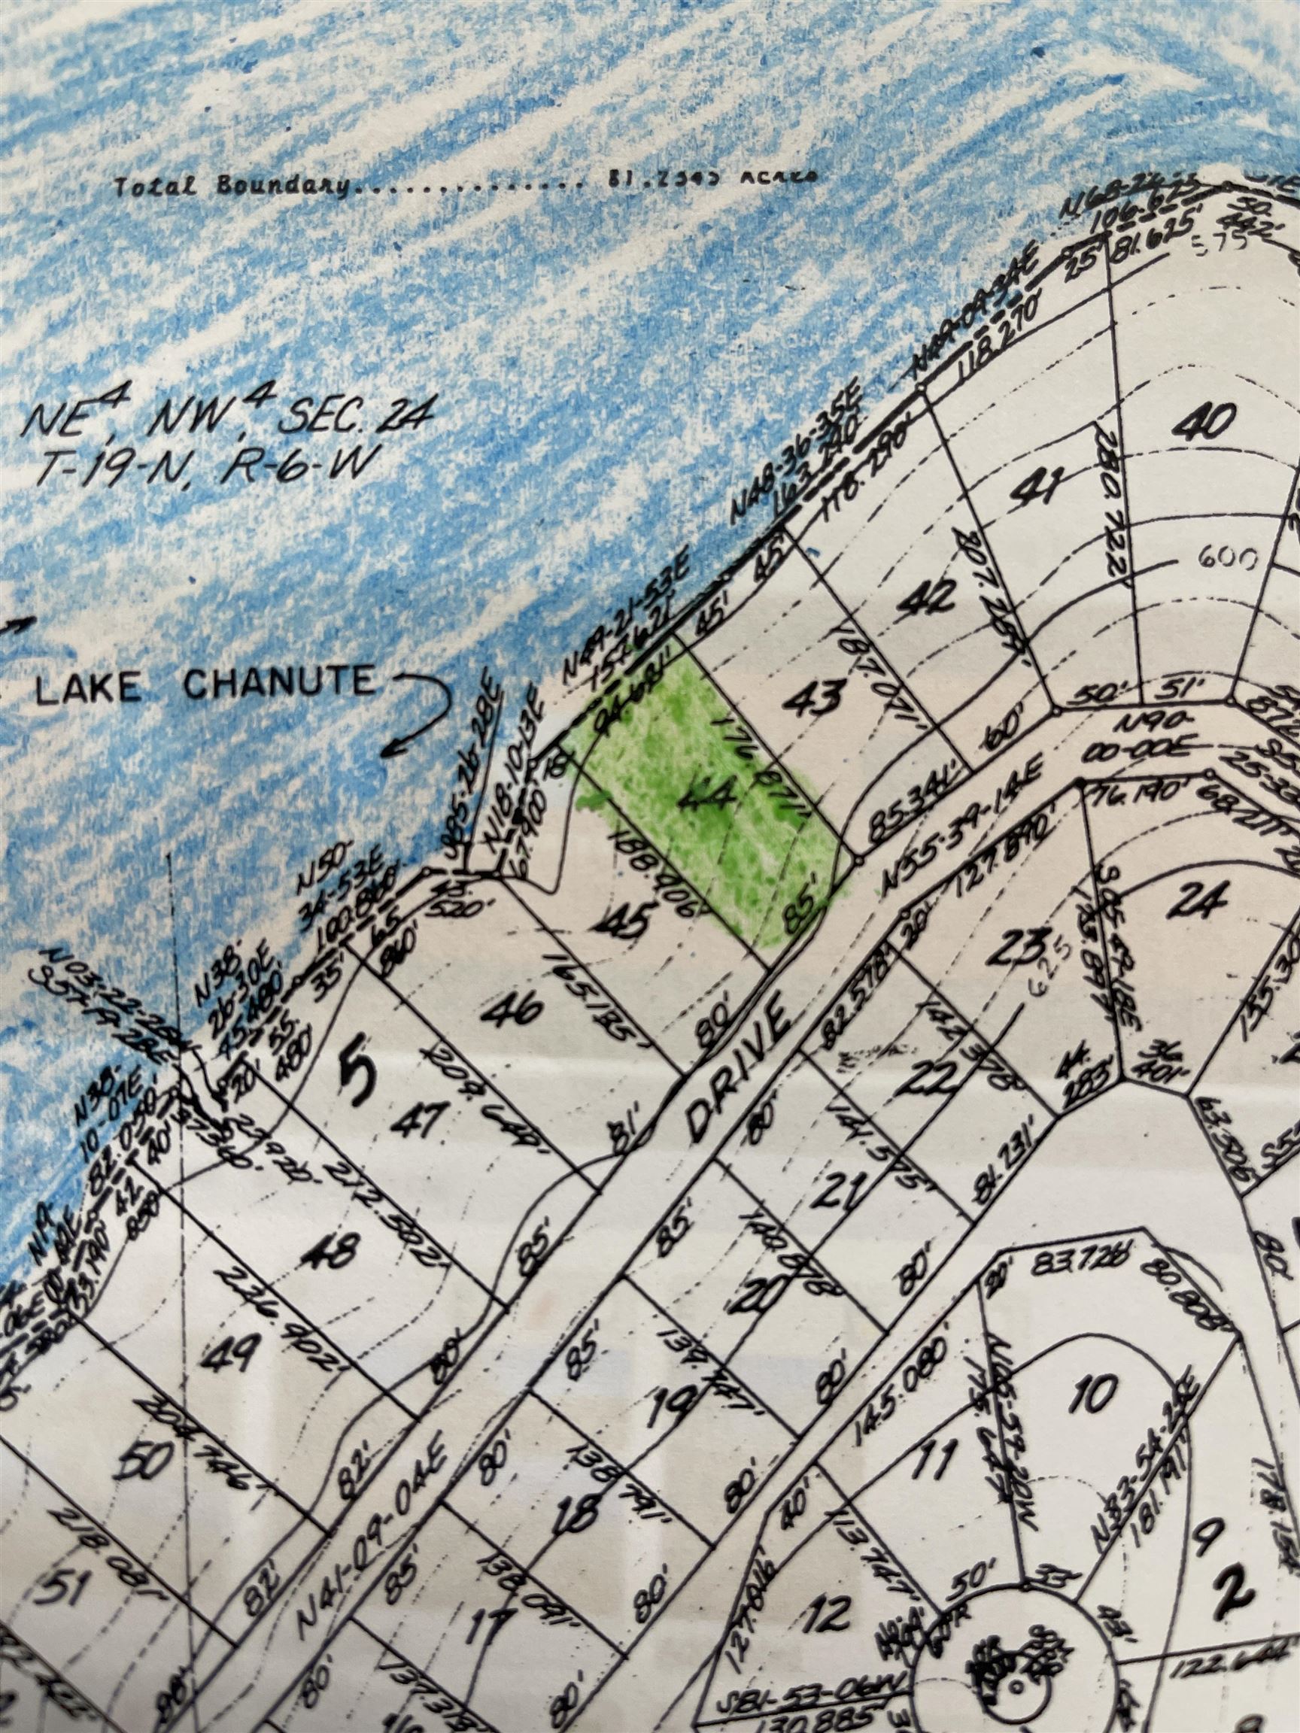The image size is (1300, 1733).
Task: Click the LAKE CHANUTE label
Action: (x=206, y=684)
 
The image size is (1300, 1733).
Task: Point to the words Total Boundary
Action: (x=232, y=187)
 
